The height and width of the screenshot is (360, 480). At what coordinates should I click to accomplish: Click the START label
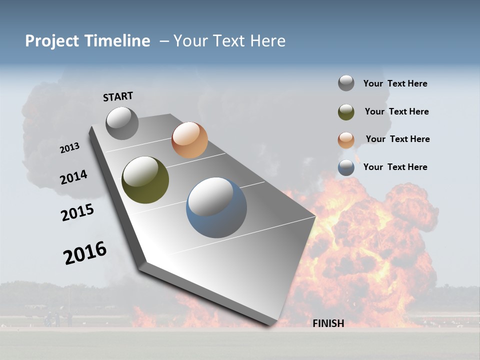(118, 96)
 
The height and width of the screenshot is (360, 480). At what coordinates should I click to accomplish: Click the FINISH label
(328, 323)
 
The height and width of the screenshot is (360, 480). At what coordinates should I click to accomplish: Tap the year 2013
(69, 148)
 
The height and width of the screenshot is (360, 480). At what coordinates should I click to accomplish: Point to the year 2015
(77, 212)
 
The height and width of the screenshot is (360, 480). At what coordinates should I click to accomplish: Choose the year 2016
(85, 252)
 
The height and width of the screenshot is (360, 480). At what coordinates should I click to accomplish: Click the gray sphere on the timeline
(122, 123)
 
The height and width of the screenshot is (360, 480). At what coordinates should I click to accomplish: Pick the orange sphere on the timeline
(189, 140)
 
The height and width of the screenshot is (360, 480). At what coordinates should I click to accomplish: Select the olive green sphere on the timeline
(145, 180)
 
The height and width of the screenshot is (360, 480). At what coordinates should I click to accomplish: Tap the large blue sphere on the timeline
(216, 207)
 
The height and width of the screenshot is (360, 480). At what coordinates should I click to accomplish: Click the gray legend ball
(346, 83)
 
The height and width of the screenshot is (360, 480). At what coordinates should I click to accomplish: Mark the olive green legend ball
(346, 112)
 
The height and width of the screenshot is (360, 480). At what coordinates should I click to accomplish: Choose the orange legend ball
(346, 140)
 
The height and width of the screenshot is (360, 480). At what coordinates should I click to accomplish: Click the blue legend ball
(346, 167)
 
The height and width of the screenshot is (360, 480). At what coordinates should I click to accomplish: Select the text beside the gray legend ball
(395, 84)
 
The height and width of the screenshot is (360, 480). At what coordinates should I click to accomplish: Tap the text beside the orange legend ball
(397, 139)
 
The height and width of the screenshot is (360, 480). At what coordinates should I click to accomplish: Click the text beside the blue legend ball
(395, 167)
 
